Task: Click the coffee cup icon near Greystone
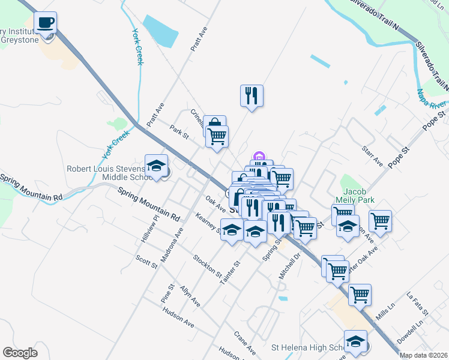coord(46,23)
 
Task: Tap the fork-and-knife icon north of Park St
coord(252,95)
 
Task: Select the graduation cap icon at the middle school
coord(156,166)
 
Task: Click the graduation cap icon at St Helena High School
coord(355,341)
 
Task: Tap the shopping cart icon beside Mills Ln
coord(359,295)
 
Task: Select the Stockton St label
coord(207,265)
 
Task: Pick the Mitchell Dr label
coord(288,266)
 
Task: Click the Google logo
coord(20,353)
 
